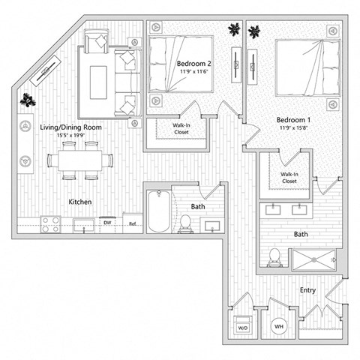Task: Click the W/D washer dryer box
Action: pos(243,328)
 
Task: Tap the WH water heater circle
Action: pos(277,327)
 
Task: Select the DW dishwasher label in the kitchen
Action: pos(107,223)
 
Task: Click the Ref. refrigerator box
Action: pos(131,223)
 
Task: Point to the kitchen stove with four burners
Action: pos(50,223)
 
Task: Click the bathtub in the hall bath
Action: pos(157,211)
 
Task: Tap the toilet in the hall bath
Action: pos(184,223)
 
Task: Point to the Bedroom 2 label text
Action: pos(193,64)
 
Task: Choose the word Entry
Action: pos(308,290)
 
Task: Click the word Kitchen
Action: pos(80,202)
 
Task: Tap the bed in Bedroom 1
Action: pos(304,67)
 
